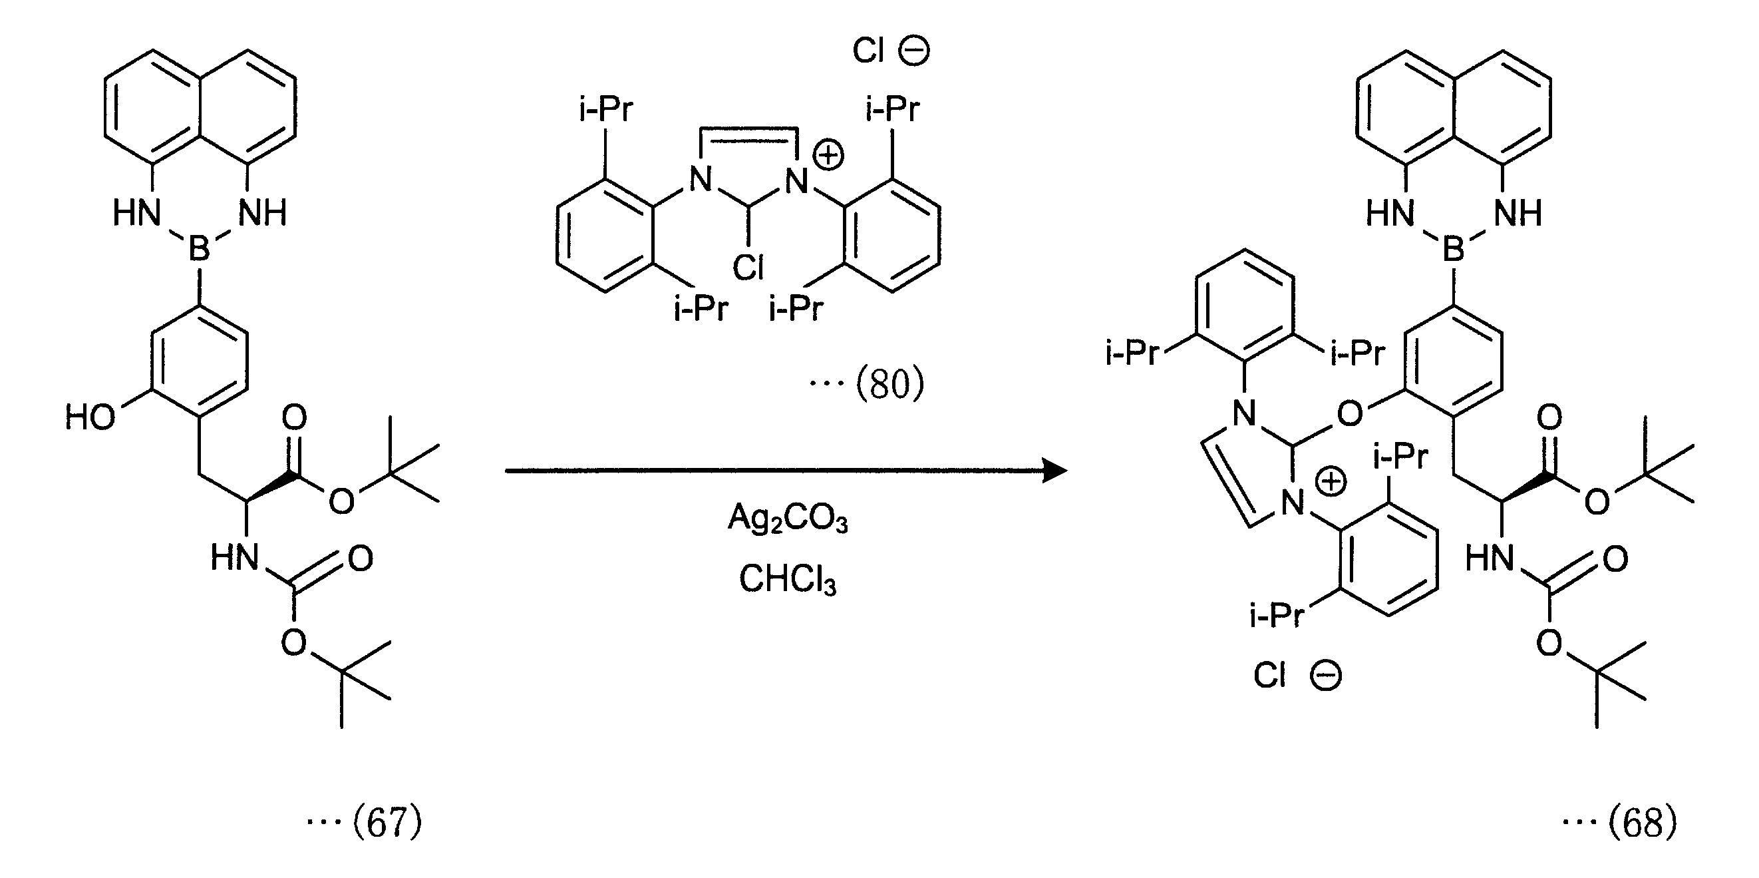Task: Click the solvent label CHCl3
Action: (787, 580)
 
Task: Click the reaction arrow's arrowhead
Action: (1056, 471)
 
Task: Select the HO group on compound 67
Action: (90, 417)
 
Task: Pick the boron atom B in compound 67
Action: (199, 248)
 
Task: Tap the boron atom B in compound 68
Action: (1454, 248)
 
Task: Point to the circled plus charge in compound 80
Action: (830, 156)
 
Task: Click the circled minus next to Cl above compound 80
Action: (913, 51)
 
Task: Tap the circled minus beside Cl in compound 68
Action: (1326, 676)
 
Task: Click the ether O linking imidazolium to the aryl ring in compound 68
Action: (1350, 414)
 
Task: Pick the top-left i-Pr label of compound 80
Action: (605, 109)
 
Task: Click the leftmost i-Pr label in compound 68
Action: (1132, 353)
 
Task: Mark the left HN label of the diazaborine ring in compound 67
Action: (137, 213)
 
